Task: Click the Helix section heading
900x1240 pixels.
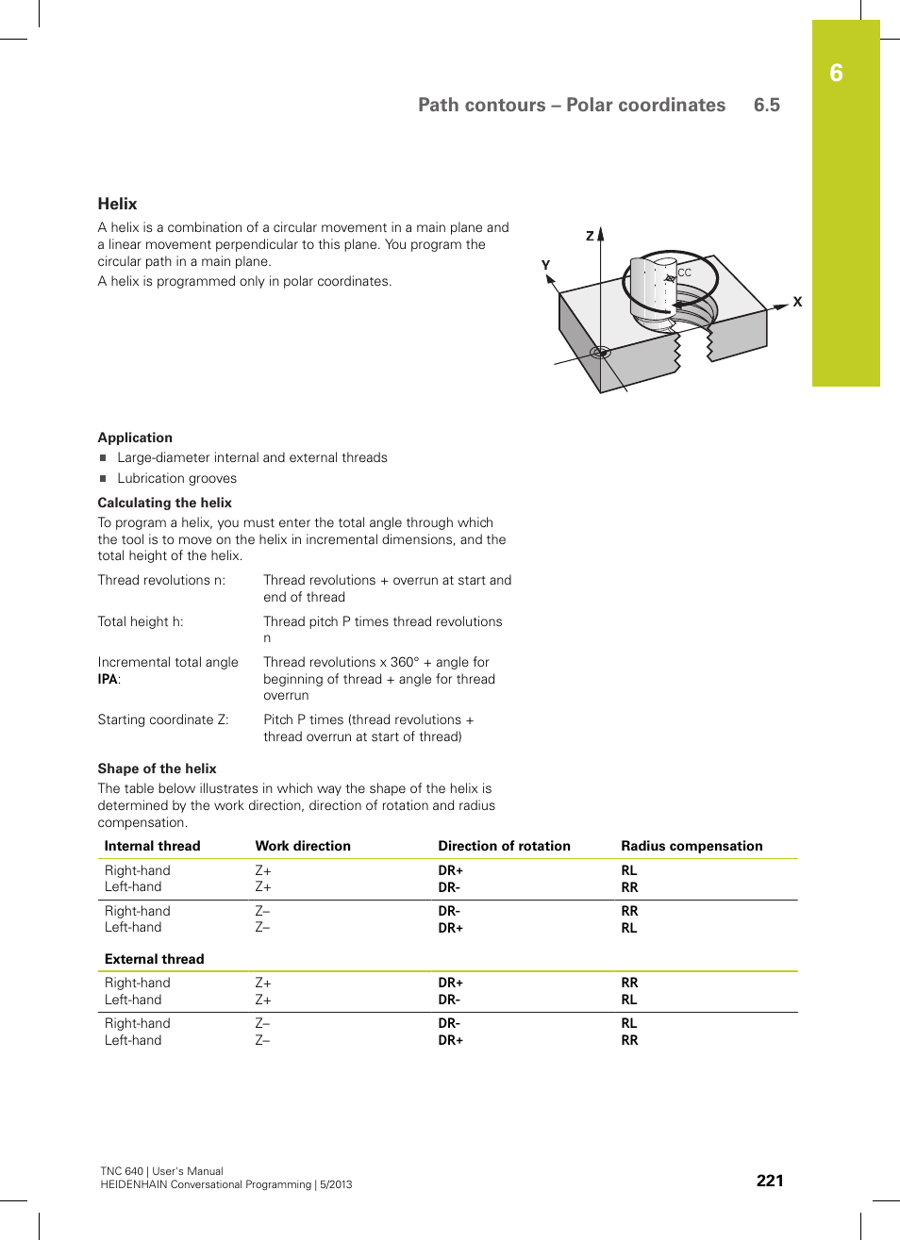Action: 117,204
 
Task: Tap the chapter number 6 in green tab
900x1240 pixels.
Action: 836,74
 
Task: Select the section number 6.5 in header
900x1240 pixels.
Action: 766,106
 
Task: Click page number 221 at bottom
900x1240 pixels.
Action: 769,1181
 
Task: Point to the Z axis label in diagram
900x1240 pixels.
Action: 590,236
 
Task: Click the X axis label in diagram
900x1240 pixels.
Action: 797,302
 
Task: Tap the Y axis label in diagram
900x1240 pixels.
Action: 545,265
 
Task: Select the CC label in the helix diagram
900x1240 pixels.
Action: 685,273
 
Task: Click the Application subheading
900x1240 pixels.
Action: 135,438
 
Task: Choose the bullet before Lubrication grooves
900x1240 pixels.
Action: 104,478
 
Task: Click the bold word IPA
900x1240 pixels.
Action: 108,679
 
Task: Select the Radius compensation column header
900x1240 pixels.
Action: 692,846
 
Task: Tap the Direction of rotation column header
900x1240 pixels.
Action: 504,846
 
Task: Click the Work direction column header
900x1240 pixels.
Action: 303,846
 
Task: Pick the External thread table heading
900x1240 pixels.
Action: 154,959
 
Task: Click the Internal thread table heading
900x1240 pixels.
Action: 152,846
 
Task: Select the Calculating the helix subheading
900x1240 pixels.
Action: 164,503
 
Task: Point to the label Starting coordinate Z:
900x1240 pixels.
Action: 163,719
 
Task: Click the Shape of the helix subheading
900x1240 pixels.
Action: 157,769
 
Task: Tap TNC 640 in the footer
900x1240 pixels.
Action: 122,1171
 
